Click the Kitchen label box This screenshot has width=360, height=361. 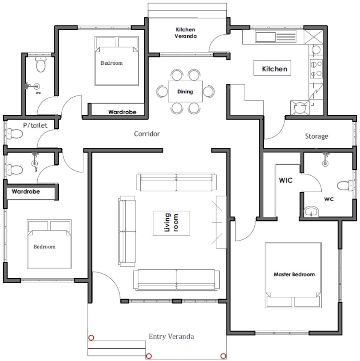pyautogui.click(x=272, y=68)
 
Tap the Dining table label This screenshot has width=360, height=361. pyautogui.click(x=185, y=92)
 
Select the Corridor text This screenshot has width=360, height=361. pyautogui.click(x=147, y=134)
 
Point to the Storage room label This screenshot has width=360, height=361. pyautogui.click(x=316, y=136)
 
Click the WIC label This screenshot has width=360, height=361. pyautogui.click(x=286, y=180)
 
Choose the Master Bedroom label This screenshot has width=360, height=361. pyautogui.click(x=294, y=275)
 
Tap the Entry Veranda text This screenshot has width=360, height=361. pyautogui.click(x=172, y=336)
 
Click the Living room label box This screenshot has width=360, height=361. pyautogui.click(x=172, y=223)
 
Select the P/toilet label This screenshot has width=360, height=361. pyautogui.click(x=35, y=125)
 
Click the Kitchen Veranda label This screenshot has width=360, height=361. pyautogui.click(x=185, y=33)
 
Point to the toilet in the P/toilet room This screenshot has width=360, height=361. pyautogui.click(x=15, y=134)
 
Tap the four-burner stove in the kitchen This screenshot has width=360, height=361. pyautogui.click(x=316, y=68)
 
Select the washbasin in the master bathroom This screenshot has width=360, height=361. pyautogui.click(x=311, y=212)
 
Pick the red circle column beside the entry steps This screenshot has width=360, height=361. pyautogui.click(x=91, y=338)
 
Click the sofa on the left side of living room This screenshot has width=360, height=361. pyautogui.click(x=127, y=231)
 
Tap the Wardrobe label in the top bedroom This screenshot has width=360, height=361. pyautogui.click(x=122, y=112)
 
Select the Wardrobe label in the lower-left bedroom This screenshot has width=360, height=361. pyautogui.click(x=26, y=191)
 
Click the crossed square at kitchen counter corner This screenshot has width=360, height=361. pyautogui.click(x=313, y=37)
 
